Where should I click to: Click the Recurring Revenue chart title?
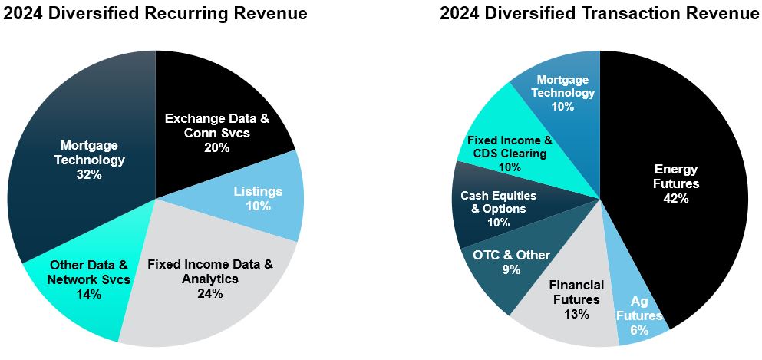click(154, 13)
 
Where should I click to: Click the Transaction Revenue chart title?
click(600, 13)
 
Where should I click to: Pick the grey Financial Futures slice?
click(576, 299)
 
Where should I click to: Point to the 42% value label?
click(676, 198)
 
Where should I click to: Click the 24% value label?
click(209, 294)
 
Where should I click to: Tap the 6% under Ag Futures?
click(639, 330)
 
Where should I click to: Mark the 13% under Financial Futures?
click(576, 314)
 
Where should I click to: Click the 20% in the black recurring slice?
click(217, 147)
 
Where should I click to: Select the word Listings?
click(258, 190)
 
